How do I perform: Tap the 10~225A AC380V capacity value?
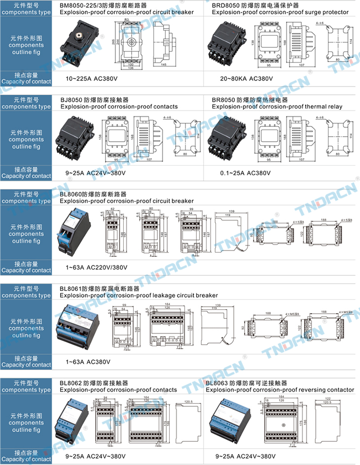click(93, 78)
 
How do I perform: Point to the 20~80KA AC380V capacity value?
click(246, 78)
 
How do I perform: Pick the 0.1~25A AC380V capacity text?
click(246, 173)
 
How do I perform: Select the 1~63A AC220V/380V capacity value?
click(97, 267)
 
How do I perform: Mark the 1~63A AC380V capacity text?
click(88, 362)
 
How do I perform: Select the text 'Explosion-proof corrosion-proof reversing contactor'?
click(280, 390)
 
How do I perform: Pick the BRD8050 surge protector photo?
click(228, 43)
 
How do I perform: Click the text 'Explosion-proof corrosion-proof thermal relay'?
click(277, 107)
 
